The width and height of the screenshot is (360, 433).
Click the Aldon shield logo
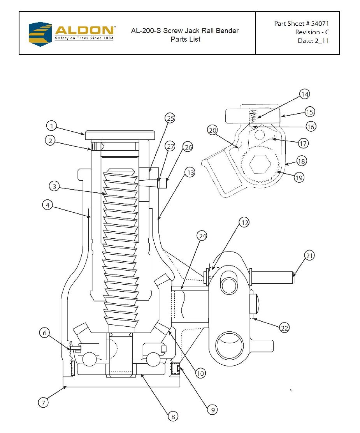[x=40, y=34]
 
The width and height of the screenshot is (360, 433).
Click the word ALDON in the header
[x=84, y=30]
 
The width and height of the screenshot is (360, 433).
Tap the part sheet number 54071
[x=320, y=24]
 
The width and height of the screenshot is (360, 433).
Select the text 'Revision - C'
[x=312, y=32]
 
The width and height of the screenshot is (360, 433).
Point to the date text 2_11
[x=321, y=41]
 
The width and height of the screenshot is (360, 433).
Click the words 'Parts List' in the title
[x=186, y=39]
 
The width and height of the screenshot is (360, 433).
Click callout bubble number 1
[x=51, y=126]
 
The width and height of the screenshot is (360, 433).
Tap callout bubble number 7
[x=43, y=402]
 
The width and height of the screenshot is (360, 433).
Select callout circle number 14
[x=304, y=94]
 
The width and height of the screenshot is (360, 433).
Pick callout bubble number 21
[x=309, y=255]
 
